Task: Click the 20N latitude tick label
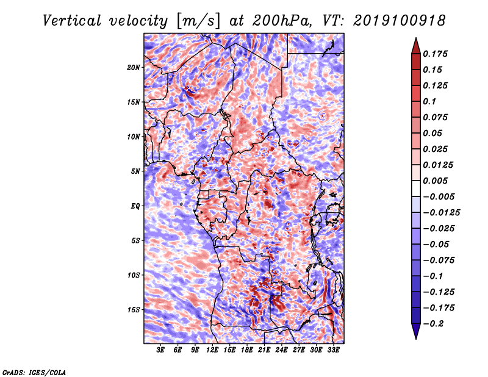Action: tap(134, 67)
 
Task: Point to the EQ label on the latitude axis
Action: tap(135, 206)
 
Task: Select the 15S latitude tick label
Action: tap(134, 309)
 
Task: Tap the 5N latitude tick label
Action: tap(135, 171)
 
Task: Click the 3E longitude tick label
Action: tap(161, 351)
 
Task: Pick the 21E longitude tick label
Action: tap(265, 351)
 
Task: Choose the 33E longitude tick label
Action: tap(334, 351)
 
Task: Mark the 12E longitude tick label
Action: tap(213, 351)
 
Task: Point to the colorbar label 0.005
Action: tap(436, 181)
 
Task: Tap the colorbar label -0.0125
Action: tap(442, 212)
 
